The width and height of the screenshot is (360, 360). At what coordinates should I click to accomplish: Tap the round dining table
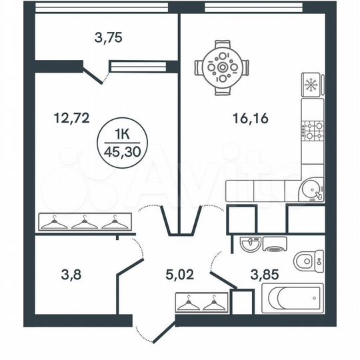tap(219, 67)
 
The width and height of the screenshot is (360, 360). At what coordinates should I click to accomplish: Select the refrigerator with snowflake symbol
tap(311, 85)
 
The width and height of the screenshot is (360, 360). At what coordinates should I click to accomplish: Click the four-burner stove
tap(311, 130)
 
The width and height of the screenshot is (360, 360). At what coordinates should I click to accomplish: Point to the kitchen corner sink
tap(311, 189)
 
